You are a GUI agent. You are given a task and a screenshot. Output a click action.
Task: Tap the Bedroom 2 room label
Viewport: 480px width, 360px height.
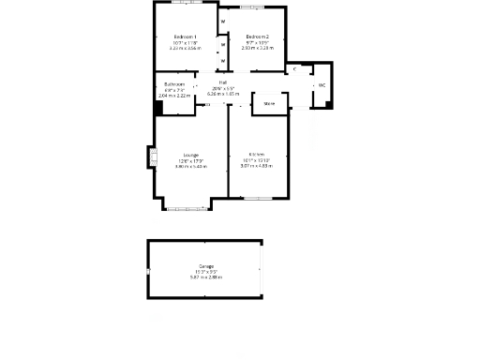click(x=257, y=37)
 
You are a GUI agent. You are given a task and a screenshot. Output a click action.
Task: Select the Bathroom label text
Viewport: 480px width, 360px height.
click(x=174, y=83)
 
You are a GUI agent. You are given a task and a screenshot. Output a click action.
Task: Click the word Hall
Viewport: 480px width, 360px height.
click(x=222, y=82)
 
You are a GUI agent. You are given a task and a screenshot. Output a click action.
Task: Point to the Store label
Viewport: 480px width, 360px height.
click(x=269, y=103)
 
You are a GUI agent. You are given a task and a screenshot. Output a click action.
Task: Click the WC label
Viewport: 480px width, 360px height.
click(x=322, y=85)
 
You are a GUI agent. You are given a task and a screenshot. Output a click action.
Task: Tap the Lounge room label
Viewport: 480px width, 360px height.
click(x=190, y=155)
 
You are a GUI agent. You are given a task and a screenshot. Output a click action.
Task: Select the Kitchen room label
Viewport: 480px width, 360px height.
click(x=256, y=155)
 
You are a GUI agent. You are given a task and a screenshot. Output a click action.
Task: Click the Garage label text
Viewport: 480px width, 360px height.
click(x=205, y=265)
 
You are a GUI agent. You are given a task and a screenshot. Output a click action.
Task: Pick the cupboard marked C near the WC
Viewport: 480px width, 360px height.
click(x=294, y=69)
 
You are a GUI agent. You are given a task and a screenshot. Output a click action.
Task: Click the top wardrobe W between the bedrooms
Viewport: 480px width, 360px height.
click(x=223, y=21)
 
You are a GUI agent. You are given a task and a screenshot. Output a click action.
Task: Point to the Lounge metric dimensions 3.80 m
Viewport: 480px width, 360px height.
click(x=190, y=166)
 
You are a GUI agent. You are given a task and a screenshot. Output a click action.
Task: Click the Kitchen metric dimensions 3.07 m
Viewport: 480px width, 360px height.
click(x=256, y=166)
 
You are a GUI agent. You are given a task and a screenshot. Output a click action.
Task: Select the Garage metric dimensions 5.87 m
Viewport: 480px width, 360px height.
click(x=205, y=277)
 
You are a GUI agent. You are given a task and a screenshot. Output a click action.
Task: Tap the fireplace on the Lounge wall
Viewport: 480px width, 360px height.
click(x=151, y=157)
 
